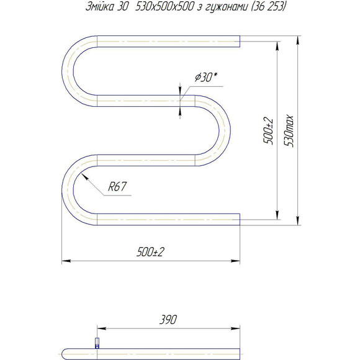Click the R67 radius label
coord(117,186)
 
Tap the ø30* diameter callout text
coord(206,77)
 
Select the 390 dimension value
coord(168,320)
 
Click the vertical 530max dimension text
coord(289,131)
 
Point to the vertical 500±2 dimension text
coord(268,131)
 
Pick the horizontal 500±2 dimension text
coord(151,252)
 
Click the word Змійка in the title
coord(100,7)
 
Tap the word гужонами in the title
coord(226,7)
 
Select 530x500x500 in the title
coord(164,7)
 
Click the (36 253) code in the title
coord(269,7)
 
